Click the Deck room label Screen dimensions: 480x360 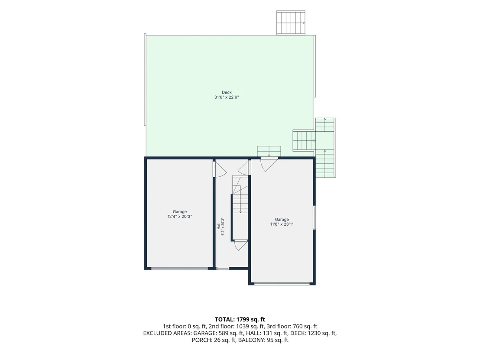coord(227,92)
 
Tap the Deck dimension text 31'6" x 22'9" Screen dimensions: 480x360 coord(227,97)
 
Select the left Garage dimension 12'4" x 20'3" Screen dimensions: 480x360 coord(180,217)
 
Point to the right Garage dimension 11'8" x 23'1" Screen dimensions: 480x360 coord(282,224)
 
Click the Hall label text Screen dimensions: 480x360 coord(218,227)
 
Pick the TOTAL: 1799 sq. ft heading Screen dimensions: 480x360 coord(240,320)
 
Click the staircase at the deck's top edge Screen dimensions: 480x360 coord(291,23)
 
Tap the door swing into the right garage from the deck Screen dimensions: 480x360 coord(269,164)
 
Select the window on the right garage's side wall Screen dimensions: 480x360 coord(314,217)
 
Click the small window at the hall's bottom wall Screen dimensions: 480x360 coord(223,269)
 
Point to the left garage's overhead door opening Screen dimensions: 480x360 coord(179,269)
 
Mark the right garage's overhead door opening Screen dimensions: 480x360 coord(282,284)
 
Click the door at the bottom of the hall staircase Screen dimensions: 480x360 coord(240,245)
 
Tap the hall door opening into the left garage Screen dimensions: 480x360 coord(219,169)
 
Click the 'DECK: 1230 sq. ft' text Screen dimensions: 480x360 coord(313,333)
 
